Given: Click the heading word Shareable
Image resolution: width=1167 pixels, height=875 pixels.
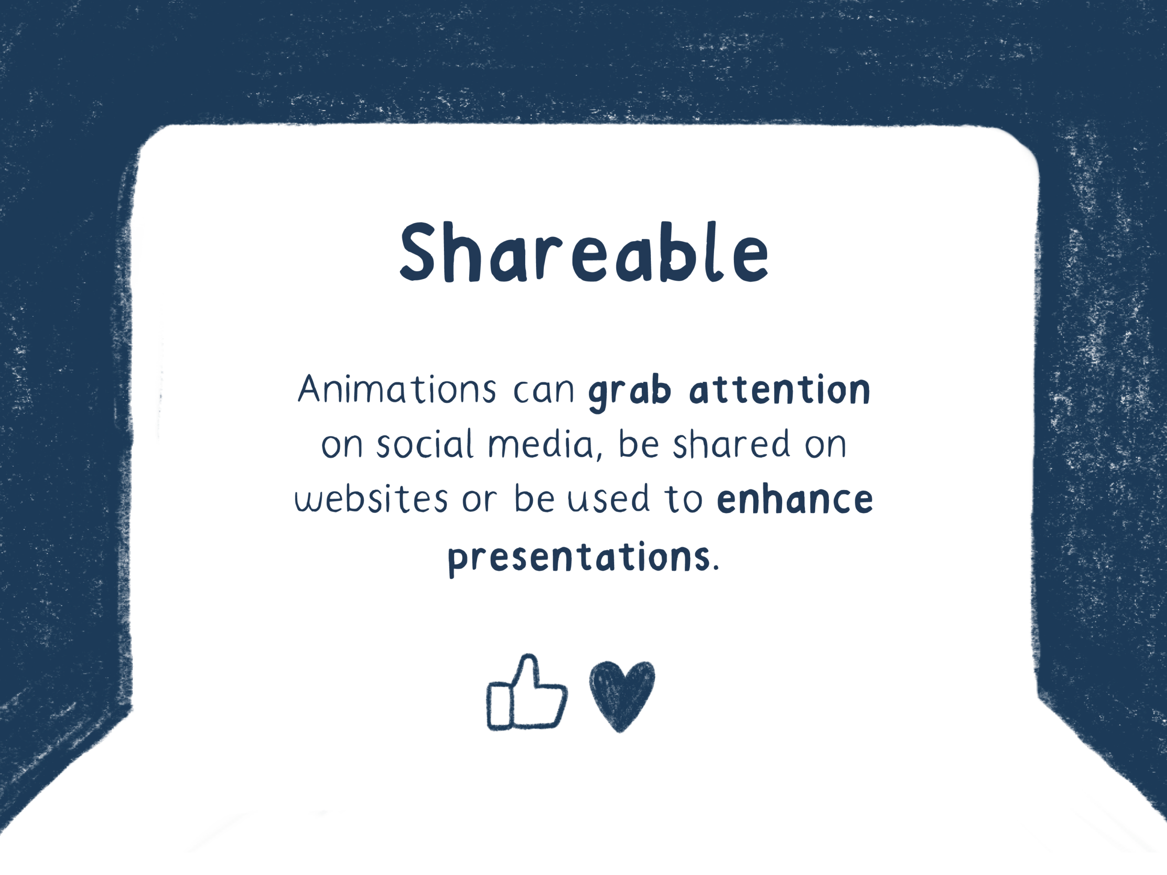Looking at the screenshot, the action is (x=583, y=252).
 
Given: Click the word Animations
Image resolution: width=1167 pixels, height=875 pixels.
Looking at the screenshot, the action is (x=397, y=389).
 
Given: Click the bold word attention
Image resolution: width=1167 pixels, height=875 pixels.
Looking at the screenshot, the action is (x=780, y=390).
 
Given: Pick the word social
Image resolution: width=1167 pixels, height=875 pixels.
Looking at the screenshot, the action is (x=425, y=443).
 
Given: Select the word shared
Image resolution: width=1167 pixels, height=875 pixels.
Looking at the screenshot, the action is (x=731, y=443).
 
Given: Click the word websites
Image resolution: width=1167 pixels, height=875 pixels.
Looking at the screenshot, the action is (x=371, y=499).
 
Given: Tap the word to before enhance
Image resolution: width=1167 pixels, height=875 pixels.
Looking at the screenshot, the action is (x=684, y=499).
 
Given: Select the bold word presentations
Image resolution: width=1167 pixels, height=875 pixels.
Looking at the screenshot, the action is (x=579, y=558).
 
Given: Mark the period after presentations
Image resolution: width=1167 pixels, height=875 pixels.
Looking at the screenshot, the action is (x=716, y=568).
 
